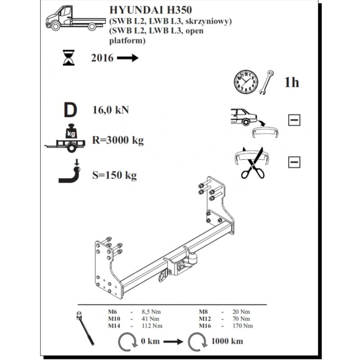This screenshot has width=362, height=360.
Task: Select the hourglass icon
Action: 69,58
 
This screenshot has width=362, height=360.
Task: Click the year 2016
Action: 102,58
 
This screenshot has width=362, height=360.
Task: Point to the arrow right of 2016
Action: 128,58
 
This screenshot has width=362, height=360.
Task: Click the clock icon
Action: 246,82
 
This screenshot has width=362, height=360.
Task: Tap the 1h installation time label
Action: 292,82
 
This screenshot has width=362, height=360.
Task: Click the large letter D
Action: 70,110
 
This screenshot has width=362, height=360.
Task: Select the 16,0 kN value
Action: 111,110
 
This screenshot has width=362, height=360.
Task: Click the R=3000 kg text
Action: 118,141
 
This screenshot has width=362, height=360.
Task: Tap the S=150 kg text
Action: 115,175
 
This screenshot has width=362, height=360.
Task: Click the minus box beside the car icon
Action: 294,119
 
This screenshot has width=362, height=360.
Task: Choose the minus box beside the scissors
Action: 294,162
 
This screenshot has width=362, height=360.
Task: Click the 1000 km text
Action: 227,341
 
